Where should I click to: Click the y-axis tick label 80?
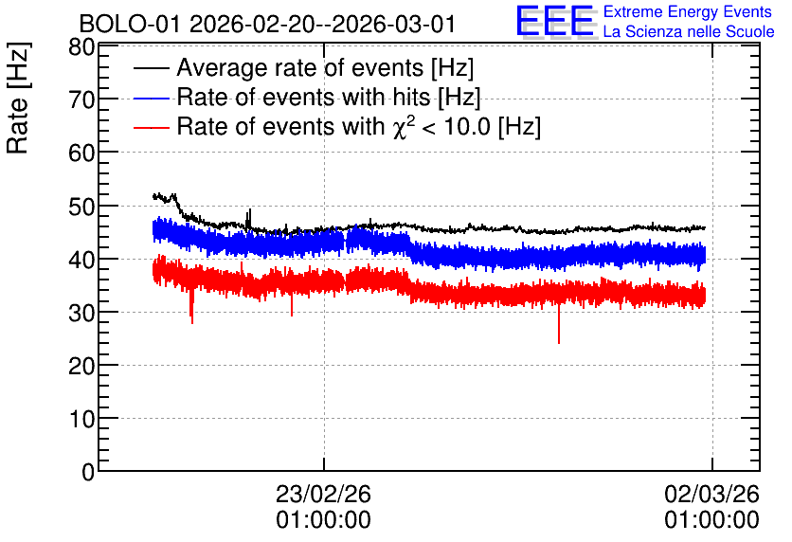point(81,47)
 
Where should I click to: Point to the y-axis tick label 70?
point(81,100)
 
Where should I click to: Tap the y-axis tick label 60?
point(81,153)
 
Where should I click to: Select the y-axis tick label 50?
point(81,206)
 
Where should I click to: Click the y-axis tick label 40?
point(81,260)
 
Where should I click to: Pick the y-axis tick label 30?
point(81,314)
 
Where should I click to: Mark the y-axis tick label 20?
point(81,366)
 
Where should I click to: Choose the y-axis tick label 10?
point(81,419)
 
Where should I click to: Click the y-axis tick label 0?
point(88,472)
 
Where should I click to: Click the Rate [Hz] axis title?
point(18,98)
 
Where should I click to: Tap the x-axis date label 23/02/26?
point(323,494)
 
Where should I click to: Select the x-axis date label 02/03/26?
point(711,494)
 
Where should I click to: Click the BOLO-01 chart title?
point(268,25)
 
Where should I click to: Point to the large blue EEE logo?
point(555,21)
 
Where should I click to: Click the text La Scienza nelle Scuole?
point(689,32)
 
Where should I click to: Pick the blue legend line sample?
point(152,98)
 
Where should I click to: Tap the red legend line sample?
point(152,127)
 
